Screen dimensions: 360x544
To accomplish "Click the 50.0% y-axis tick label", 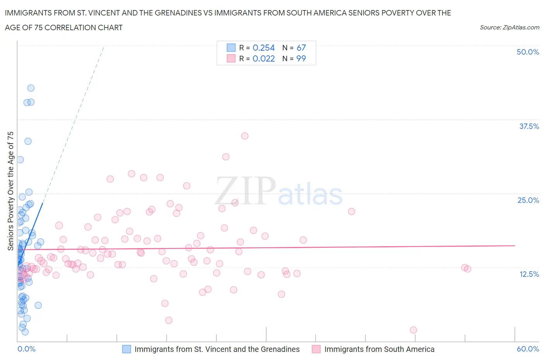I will (x=528, y=52).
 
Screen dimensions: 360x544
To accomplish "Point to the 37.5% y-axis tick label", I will (x=529, y=126).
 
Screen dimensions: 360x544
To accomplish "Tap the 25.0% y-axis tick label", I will (x=528, y=200).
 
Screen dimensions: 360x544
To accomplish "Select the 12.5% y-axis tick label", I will (x=529, y=274).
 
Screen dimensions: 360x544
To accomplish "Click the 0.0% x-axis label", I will (x=26, y=349).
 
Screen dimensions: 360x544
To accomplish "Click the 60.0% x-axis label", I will (x=528, y=349).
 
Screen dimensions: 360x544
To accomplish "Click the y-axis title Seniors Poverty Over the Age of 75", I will (x=11, y=191).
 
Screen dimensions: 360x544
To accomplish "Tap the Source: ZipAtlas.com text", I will (x=509, y=27).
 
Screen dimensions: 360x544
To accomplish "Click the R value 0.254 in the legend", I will (x=263, y=48).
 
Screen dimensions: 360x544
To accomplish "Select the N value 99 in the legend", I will (x=301, y=58).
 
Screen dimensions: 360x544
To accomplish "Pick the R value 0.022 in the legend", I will (x=263, y=58).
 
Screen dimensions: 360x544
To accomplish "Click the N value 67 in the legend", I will (x=301, y=48).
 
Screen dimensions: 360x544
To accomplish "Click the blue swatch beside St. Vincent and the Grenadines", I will (x=127, y=349).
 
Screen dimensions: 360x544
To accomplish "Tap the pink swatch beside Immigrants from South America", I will (x=316, y=349).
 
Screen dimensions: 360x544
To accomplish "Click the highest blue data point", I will (x=31, y=88).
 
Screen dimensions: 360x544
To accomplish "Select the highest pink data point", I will (x=245, y=136).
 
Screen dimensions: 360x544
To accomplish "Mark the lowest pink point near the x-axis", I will (x=413, y=330).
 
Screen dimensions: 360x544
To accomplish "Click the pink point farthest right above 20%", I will (x=351, y=211).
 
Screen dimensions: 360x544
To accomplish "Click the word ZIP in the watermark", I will (x=245, y=190).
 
